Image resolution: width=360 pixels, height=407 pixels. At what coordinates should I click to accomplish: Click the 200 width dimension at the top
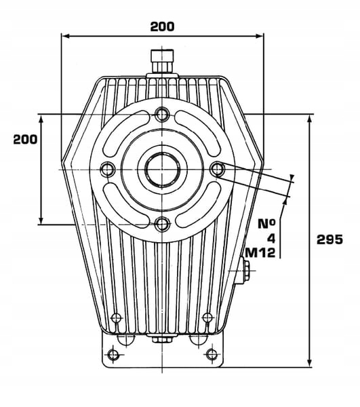pyautogui.click(x=162, y=26)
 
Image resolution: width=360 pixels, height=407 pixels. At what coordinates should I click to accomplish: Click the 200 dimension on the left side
pyautogui.click(x=25, y=139)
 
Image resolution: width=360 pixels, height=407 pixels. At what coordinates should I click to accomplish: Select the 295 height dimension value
pyautogui.click(x=329, y=239)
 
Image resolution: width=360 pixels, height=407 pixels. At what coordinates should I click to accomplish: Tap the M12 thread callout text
pyautogui.click(x=260, y=252)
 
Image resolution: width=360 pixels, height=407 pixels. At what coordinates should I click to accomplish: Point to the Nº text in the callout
pyautogui.click(x=266, y=224)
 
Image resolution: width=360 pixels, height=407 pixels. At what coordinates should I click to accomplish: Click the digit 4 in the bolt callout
pyautogui.click(x=271, y=238)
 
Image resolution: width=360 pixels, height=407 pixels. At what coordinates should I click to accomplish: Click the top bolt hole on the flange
pyautogui.click(x=162, y=114)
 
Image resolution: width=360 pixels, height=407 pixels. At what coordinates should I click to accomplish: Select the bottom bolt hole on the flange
pyautogui.click(x=162, y=224)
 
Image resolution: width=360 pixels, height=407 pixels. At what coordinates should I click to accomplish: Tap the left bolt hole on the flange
pyautogui.click(x=108, y=169)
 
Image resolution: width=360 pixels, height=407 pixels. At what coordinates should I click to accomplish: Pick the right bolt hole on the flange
pyautogui.click(x=217, y=169)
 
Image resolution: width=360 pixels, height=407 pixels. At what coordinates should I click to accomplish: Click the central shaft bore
pyautogui.click(x=162, y=169)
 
